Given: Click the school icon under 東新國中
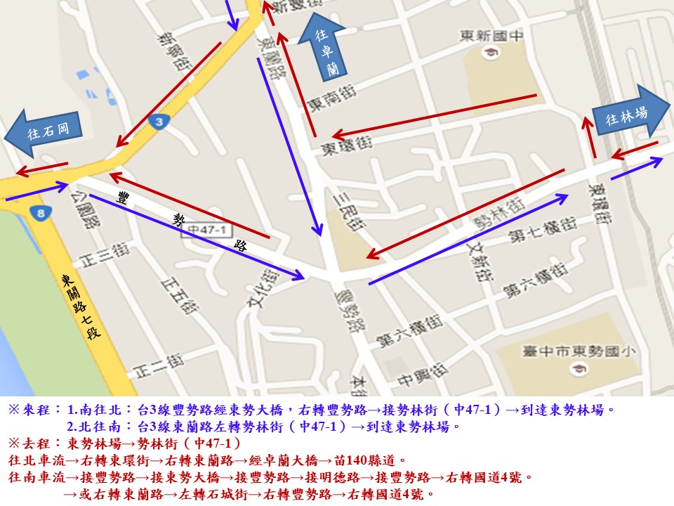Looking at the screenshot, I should [486, 51].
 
